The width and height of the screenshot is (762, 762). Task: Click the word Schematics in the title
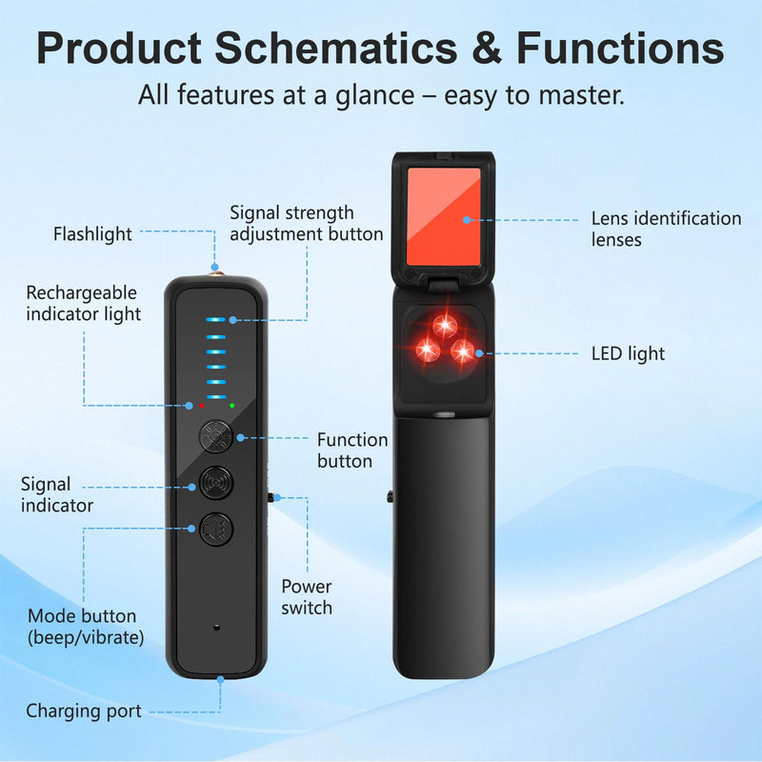point(336,49)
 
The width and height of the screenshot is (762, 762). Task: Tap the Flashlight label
point(92,233)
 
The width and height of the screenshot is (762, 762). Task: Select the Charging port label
point(84,711)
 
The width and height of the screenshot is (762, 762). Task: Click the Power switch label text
point(307,597)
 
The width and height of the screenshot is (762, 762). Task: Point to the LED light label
point(628,353)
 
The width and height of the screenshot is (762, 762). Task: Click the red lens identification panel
point(444,216)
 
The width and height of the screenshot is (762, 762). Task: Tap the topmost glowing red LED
point(445,324)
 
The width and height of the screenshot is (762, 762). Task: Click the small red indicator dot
point(202,406)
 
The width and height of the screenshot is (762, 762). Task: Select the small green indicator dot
point(232,406)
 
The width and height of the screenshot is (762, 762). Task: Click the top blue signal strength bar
point(216,320)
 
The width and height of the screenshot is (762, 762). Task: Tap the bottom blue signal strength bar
point(216,397)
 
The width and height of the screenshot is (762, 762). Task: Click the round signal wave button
point(216,483)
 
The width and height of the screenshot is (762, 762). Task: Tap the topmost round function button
point(216,436)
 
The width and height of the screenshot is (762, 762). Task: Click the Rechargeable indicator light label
point(84,303)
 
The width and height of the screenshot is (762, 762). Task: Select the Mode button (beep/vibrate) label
point(86,627)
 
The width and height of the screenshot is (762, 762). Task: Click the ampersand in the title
point(487,49)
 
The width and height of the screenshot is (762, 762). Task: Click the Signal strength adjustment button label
point(306,224)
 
